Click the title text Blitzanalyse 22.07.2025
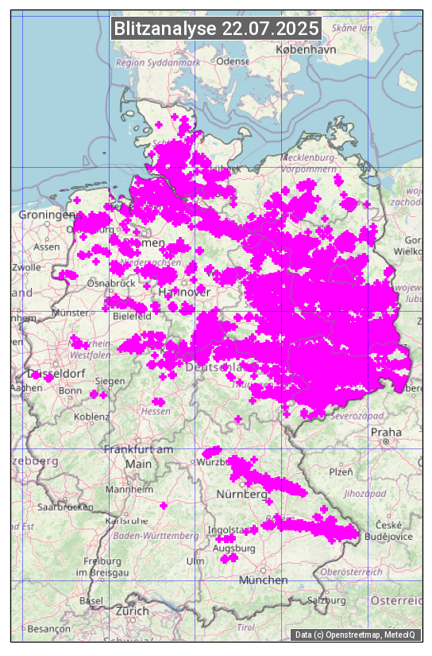click(x=216, y=29)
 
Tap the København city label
click(x=306, y=49)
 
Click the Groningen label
click(x=46, y=215)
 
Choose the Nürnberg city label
click(x=242, y=495)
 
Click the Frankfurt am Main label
click(x=138, y=456)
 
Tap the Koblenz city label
click(x=91, y=417)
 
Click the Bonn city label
click(x=70, y=390)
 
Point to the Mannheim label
click(x=129, y=490)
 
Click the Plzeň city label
click(x=341, y=472)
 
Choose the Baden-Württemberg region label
click(x=156, y=536)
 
